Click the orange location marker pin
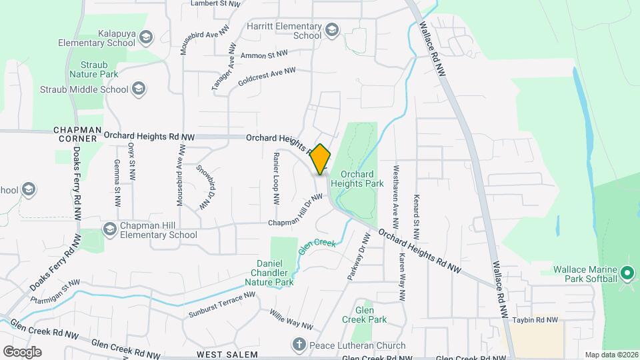[x=321, y=159]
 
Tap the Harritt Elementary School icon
[x=331, y=30]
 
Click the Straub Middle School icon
[x=138, y=89]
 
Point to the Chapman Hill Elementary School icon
[x=109, y=229]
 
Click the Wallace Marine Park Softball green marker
[x=626, y=273]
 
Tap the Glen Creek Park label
[x=371, y=315]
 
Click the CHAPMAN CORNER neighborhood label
[x=77, y=134]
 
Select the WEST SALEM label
[x=227, y=354]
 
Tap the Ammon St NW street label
[x=264, y=54]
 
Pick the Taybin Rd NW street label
[x=535, y=320]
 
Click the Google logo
[x=22, y=351]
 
